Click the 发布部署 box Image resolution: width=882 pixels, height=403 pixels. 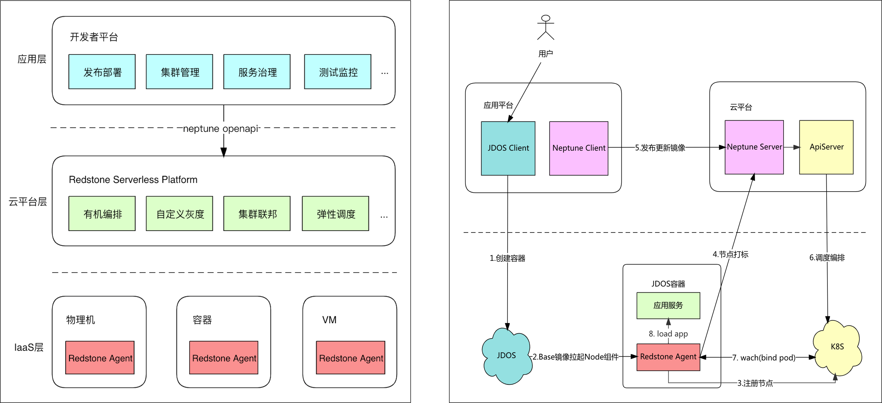point(102,72)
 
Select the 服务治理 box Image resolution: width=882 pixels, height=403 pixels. point(257,72)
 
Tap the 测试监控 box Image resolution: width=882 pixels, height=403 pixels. point(338,72)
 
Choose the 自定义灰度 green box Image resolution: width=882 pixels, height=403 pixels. point(179,214)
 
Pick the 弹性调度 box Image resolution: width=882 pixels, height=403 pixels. point(336,214)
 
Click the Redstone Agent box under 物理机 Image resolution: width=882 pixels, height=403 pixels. point(100,358)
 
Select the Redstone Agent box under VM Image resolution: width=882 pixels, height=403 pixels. point(351,358)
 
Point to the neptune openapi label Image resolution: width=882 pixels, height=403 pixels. point(222,129)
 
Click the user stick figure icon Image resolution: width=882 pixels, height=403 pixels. point(545,27)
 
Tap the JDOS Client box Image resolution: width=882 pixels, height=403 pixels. point(508,148)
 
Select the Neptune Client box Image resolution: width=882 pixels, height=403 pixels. point(579,148)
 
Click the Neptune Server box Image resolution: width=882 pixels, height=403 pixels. point(754,147)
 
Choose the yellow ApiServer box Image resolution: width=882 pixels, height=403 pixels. point(826,147)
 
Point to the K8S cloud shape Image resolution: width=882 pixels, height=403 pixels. point(837,347)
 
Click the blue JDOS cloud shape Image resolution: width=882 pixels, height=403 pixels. point(506,356)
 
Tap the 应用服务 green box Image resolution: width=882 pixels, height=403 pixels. point(668,305)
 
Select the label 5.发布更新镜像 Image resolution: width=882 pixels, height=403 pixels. point(660,148)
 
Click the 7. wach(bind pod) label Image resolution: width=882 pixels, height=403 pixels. point(764,358)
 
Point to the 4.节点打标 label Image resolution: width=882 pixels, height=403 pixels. point(730,254)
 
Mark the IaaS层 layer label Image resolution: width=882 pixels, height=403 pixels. point(29,347)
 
